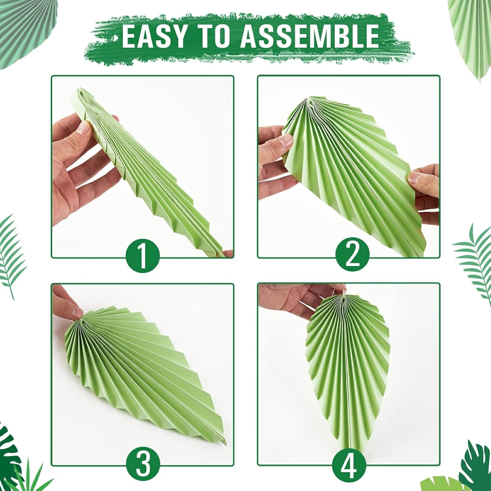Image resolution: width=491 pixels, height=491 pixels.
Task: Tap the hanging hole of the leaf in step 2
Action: (309, 100)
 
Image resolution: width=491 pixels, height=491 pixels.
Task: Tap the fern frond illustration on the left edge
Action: (12, 255)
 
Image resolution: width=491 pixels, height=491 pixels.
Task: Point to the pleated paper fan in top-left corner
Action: (15, 31)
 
